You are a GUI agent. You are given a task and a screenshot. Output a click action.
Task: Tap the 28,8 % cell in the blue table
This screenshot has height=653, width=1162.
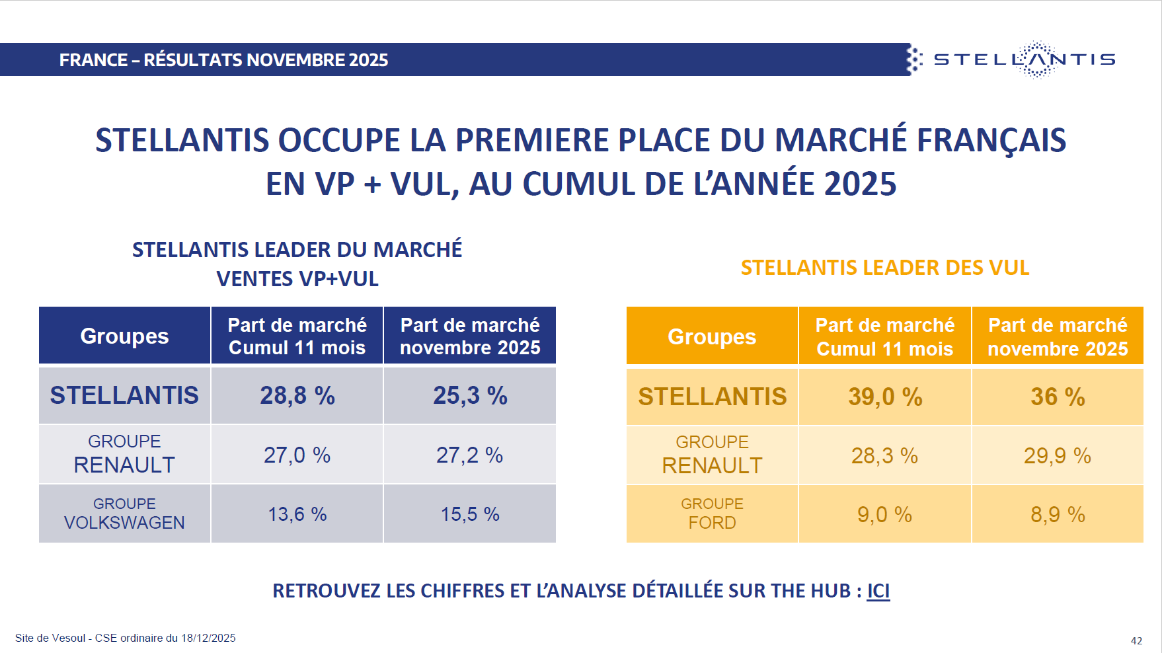297,395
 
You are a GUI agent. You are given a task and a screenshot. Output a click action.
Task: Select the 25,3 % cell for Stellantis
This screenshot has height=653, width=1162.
470,395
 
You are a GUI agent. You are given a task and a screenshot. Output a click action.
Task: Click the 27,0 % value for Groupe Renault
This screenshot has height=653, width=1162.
297,455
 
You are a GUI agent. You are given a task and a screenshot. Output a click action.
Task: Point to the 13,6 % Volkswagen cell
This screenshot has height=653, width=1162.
297,514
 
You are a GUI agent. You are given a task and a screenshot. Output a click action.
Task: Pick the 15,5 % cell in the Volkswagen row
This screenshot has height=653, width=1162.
470,514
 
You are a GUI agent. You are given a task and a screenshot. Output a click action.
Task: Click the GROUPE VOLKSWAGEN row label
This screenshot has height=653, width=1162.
124,514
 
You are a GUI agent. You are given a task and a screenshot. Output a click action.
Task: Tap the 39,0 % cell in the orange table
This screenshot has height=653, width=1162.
885,397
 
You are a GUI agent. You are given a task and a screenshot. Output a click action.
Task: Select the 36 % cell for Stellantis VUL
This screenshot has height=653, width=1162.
1058,397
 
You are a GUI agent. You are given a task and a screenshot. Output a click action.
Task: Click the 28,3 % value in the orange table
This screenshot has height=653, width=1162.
884,455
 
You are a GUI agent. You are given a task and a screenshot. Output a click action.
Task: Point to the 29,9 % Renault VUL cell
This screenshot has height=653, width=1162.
1058,455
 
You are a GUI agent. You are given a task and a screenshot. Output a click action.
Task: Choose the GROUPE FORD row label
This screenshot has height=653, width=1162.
712,514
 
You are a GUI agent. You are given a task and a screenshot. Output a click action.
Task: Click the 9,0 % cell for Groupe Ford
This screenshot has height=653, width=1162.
884,514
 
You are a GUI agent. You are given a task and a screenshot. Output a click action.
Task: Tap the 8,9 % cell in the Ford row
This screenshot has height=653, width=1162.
1058,514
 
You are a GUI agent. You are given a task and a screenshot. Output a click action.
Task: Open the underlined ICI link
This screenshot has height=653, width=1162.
878,590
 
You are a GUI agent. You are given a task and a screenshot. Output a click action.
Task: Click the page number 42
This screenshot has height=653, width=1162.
1136,640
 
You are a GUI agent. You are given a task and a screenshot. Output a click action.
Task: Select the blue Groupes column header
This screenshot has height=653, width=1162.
124,336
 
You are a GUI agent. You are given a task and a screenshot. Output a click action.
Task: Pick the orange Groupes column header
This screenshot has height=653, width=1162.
712,336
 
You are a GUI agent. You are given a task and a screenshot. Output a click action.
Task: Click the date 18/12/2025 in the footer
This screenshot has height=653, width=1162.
208,638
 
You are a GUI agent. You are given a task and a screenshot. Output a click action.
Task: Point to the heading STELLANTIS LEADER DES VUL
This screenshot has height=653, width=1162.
885,268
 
